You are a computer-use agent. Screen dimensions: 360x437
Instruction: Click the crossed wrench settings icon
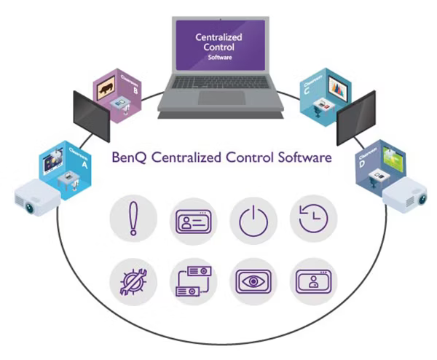133,280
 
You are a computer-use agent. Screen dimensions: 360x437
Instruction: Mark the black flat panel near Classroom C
355,117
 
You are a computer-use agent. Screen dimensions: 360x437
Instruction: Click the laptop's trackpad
221,98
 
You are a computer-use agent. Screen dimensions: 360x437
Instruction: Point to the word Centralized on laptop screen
219,37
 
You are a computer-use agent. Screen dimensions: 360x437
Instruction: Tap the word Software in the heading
302,157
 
